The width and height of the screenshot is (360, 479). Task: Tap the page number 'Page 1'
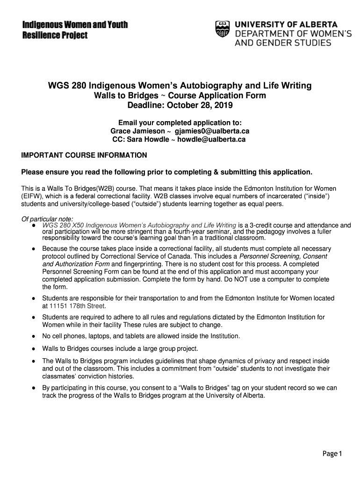332,453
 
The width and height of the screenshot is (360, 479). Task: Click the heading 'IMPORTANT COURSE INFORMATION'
84,155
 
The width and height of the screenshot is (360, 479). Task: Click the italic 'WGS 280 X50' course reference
63,225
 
